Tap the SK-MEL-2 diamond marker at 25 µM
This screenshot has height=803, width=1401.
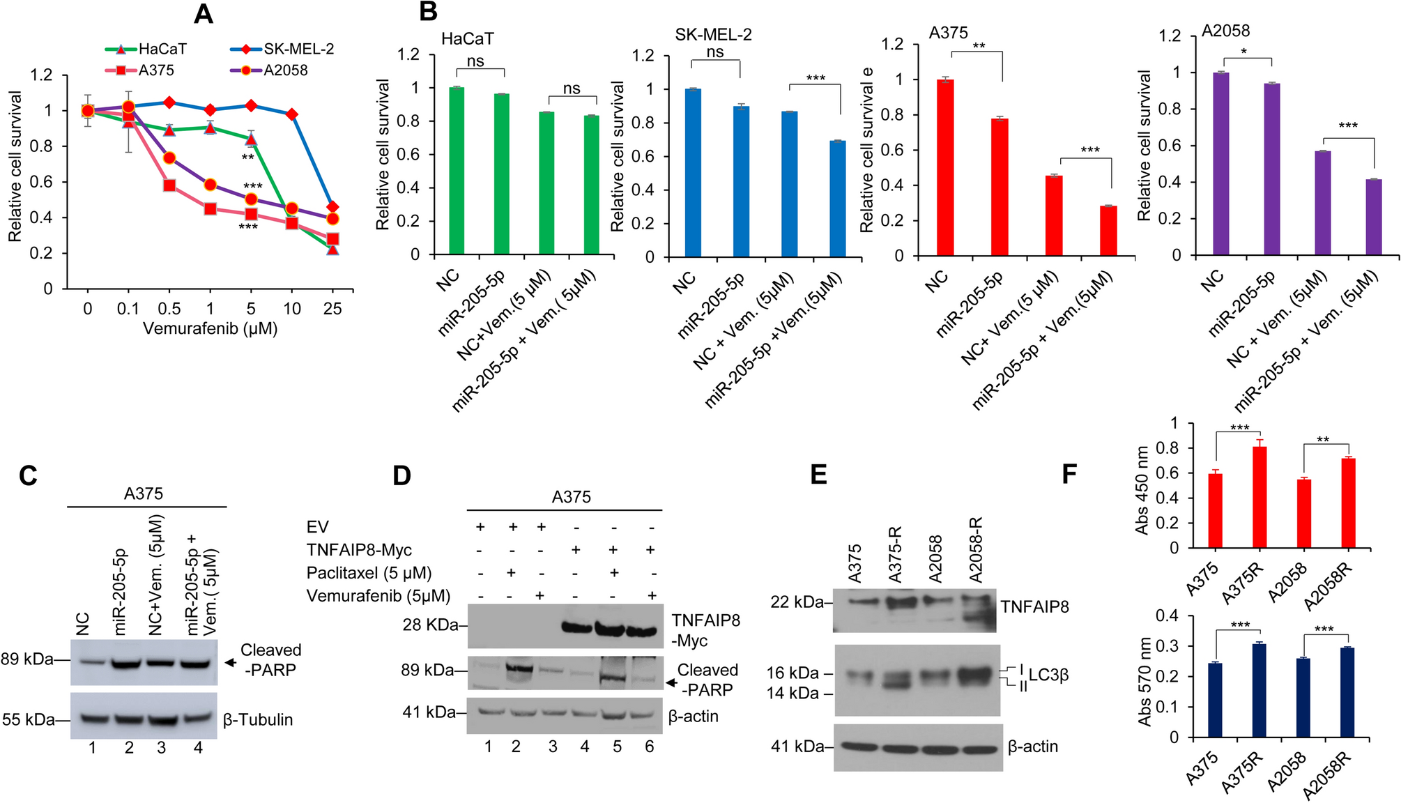[x=332, y=207]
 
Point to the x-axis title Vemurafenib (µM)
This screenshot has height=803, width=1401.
[x=210, y=328]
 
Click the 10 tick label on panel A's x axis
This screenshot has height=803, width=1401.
[x=292, y=309]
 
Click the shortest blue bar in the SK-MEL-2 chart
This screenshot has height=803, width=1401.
[x=837, y=199]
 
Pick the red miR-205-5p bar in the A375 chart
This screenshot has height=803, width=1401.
[x=1000, y=188]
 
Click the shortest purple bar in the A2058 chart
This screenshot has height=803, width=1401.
[x=1374, y=217]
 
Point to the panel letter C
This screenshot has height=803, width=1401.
[x=28, y=475]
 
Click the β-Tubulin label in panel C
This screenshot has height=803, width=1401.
[x=258, y=720]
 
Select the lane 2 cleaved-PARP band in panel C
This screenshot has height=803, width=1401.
[x=130, y=664]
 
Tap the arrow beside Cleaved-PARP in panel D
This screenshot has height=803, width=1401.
[x=671, y=682]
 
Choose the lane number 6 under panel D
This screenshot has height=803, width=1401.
[x=649, y=747]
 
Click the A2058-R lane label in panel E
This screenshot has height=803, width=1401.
[x=975, y=550]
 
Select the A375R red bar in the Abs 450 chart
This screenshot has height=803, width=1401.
[x=1259, y=497]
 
